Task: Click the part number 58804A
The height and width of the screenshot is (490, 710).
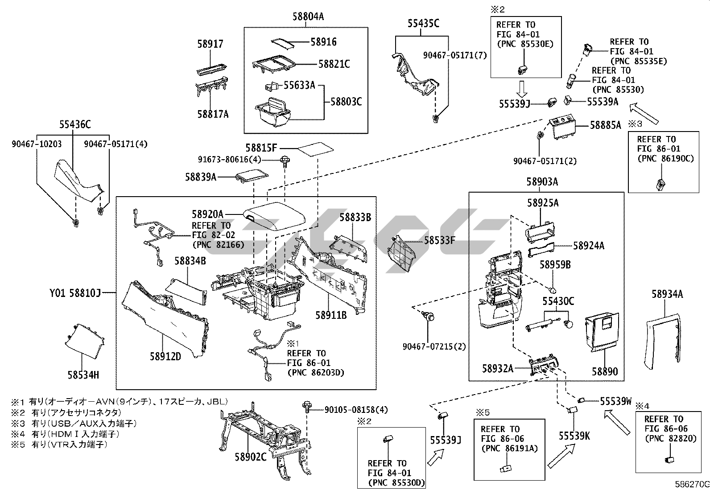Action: pos(308,16)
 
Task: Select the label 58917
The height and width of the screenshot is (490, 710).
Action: pos(210,44)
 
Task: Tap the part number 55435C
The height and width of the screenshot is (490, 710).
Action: pos(423,24)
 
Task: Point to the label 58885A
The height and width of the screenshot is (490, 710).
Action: pos(605,125)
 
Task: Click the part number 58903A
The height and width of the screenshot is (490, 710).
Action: pos(542,182)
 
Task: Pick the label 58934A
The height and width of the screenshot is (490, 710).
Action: pos(667,294)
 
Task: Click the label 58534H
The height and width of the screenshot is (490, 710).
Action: pos(83,375)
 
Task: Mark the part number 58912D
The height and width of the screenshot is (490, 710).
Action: pos(165,356)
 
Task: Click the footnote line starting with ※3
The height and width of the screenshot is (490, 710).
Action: pos(74,423)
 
